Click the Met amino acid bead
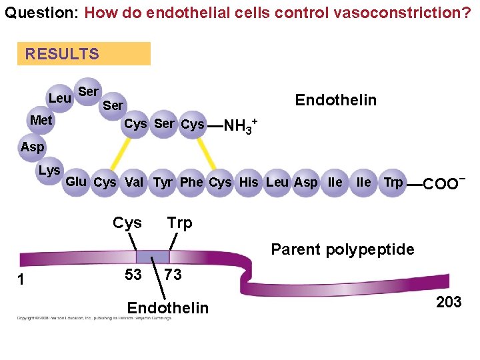(41, 121)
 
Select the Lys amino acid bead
(49, 170)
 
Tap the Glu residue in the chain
(76, 181)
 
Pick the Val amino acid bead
(134, 182)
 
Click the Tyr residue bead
(163, 182)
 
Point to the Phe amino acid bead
(191, 182)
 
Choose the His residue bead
(249, 182)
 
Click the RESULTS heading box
(84, 54)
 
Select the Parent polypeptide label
(342, 250)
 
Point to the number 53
(133, 275)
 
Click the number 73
(173, 275)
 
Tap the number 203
(449, 302)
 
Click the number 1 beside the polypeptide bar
(21, 280)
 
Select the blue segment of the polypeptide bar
(153, 257)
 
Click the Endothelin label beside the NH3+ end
(336, 101)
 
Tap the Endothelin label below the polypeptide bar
(167, 308)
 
